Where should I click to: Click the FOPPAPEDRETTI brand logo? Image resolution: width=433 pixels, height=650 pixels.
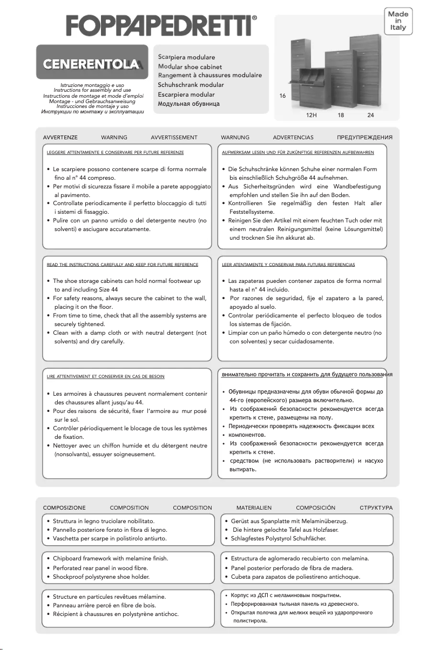coord(161,25)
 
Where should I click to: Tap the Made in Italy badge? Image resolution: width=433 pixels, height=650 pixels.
coord(398,21)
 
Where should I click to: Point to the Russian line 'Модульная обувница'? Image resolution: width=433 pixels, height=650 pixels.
coord(188,104)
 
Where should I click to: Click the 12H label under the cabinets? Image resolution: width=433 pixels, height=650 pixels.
coord(311,115)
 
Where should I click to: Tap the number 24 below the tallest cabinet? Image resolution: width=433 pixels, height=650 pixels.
coord(370,115)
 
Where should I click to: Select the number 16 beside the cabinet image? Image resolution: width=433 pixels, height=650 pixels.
coord(282,96)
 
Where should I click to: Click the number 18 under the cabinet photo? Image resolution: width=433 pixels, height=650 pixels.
coord(341,115)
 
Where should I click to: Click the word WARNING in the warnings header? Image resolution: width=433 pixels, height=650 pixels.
coord(114,138)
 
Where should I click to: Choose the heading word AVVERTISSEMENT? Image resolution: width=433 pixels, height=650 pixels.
coord(174,138)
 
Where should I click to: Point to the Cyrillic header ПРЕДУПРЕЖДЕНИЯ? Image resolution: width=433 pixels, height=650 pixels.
coord(364,138)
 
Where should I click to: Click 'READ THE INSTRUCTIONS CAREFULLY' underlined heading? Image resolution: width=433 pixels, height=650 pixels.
coord(123,265)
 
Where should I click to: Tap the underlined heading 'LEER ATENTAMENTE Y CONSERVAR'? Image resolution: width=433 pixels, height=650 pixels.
coord(288,265)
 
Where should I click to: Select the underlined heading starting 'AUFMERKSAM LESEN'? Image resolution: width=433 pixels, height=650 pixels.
coord(298,153)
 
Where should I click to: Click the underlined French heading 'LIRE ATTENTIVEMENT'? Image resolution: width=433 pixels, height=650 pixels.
coord(106,376)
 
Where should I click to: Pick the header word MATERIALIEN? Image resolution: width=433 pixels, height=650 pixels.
coord(254,508)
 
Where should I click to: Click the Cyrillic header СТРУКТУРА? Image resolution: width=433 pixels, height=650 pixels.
coord(376,508)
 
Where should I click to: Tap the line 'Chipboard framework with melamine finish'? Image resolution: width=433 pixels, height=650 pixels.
coord(111,558)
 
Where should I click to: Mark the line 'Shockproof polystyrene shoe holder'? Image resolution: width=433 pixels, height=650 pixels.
coord(101,577)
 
